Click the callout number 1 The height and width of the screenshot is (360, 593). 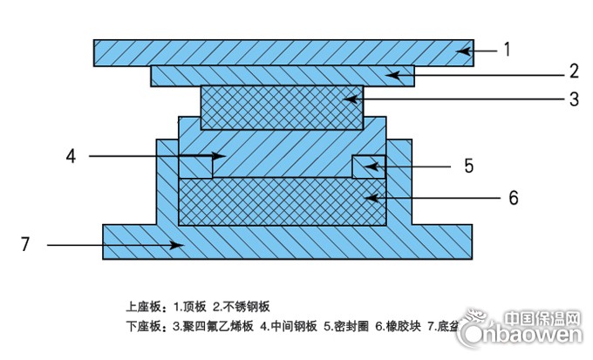[506, 50]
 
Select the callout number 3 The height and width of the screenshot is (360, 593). [574, 99]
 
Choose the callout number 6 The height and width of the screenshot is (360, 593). [513, 198]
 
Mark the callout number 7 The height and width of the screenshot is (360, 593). [25, 246]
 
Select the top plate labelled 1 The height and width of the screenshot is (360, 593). [262, 51]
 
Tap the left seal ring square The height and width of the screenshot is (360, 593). [195, 166]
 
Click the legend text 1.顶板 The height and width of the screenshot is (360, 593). [190, 306]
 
